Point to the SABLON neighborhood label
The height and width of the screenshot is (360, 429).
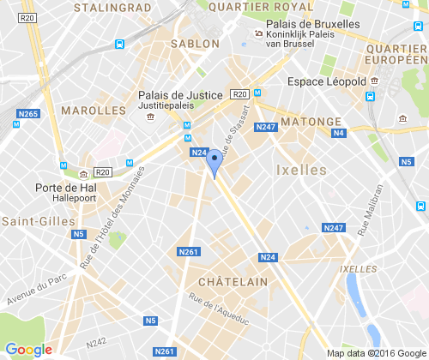[196, 43]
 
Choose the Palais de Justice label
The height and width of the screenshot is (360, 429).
[180, 95]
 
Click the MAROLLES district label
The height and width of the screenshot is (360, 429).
[93, 111]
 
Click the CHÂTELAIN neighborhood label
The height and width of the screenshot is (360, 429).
[233, 281]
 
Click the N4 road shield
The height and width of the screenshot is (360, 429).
[339, 133]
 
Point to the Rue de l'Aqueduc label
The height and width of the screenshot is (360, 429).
[219, 311]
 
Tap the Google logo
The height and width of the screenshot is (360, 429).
[28, 350]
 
